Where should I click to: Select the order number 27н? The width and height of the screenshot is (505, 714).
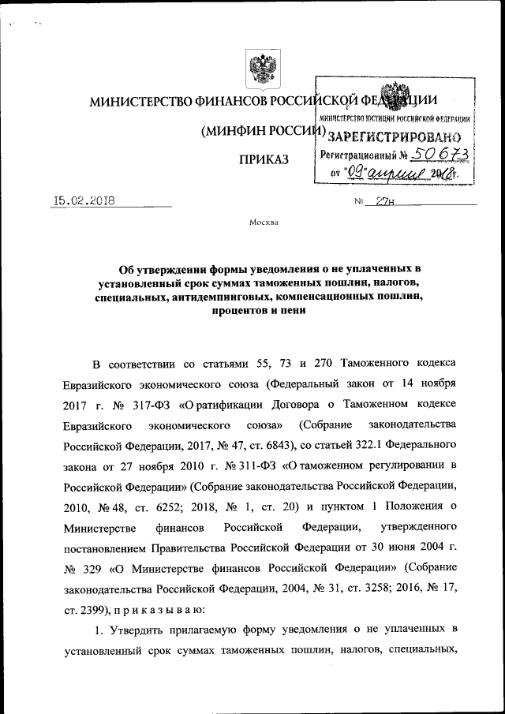coord(386,201)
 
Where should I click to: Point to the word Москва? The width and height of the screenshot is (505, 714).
coord(263,222)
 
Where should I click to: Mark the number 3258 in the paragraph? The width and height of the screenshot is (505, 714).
coord(345,588)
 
